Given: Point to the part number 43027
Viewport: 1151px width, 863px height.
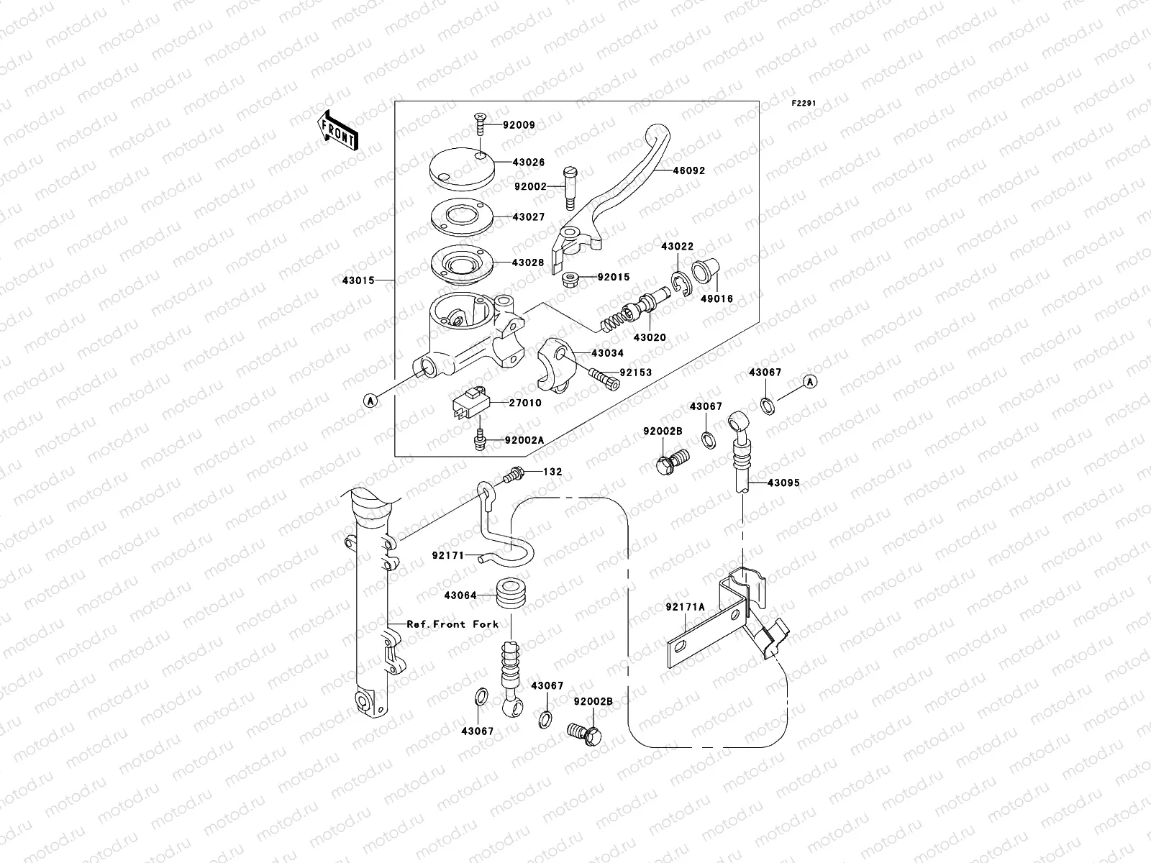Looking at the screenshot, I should coord(529,216).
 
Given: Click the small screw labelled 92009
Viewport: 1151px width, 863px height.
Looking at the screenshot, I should coord(481,127).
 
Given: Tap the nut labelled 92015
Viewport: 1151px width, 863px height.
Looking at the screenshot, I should coord(571,277).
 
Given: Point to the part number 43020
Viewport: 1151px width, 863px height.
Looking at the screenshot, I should coord(650,337).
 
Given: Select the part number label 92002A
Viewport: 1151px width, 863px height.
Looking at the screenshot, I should coord(524,440).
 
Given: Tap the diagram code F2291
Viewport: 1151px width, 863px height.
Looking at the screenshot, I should coord(804,104).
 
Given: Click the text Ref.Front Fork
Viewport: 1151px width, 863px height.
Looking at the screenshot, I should coord(452,624).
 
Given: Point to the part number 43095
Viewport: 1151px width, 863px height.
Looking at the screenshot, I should coord(783,483).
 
